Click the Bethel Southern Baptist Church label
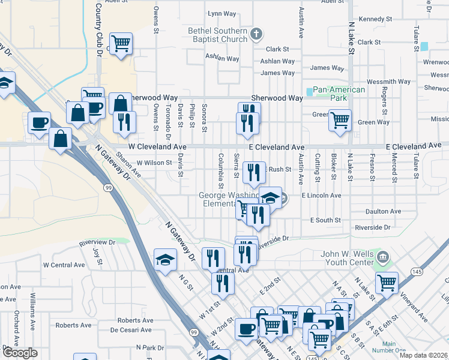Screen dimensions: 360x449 217,35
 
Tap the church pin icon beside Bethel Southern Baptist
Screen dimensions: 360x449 256,34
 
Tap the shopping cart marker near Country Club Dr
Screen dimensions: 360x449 121,44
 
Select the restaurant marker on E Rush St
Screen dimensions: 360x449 254,173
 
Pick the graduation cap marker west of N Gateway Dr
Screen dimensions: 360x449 165,260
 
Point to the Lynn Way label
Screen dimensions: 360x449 221,13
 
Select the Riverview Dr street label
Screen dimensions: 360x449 97,242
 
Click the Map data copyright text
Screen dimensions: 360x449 423,355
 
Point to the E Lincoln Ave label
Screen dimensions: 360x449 321,196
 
